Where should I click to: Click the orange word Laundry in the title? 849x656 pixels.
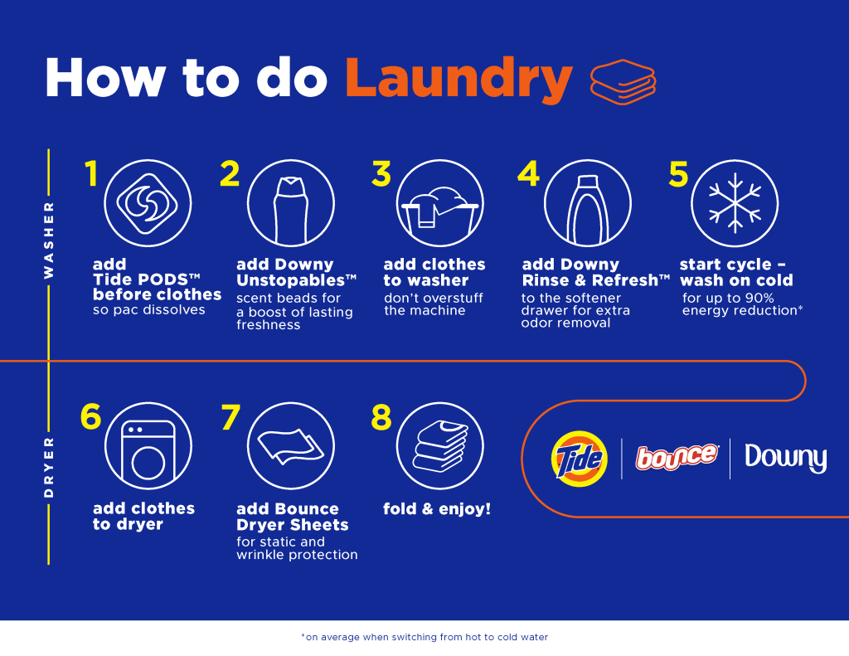pos(458,80)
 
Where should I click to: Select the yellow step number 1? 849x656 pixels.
pos(91,173)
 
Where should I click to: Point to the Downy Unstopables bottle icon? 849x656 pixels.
pos(290,203)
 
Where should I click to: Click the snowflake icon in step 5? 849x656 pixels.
pos(735,203)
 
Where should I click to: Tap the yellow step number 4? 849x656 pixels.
pos(528,173)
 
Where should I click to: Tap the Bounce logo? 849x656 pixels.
pos(676,457)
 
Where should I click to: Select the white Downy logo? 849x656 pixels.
pos(785,458)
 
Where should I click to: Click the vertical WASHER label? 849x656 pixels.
pos(49,240)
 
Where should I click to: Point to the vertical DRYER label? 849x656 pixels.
pos(49,467)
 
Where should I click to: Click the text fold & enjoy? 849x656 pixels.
pos(437,509)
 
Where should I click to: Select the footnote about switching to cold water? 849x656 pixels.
pos(424,638)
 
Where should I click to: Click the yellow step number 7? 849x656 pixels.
pos(230,419)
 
